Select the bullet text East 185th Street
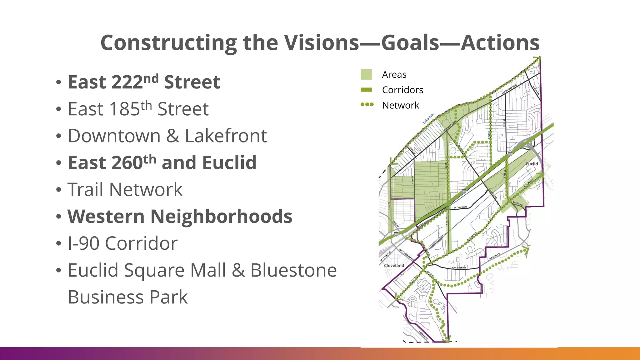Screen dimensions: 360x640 pos(138,109)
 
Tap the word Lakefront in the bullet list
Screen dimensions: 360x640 pos(226,136)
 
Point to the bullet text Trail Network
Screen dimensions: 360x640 pos(125,190)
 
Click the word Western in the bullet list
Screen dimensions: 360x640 pos(106,217)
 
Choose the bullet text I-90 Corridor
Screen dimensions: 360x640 pos(122,243)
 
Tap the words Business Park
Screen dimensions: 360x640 pos(127,297)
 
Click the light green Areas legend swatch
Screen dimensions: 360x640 pos(366,75)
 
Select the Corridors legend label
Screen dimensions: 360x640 pos(402,90)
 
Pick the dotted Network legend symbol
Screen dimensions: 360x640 pos(367,105)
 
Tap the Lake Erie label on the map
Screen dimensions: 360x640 pos(428,118)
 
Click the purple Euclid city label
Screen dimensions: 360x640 pos(532,164)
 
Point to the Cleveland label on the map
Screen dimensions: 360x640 pos(394,265)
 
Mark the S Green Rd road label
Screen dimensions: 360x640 pos(423,335)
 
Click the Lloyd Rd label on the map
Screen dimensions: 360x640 pos(536,90)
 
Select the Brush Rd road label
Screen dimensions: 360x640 pos(517,203)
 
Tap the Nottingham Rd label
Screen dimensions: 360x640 pos(406,254)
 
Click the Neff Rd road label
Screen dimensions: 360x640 pos(396,224)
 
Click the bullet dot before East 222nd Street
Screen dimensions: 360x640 pos(58,82)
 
